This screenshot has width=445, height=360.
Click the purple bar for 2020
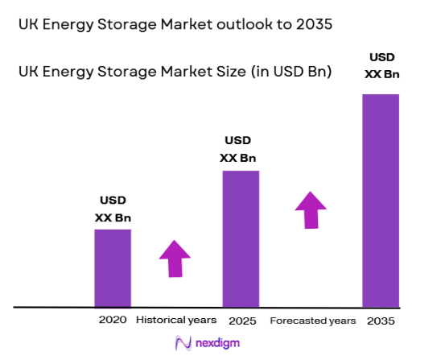tap(113, 268)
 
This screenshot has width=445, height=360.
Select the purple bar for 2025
tap(241, 238)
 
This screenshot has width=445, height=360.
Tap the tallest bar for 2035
tap(381, 201)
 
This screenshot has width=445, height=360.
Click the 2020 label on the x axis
tap(113, 321)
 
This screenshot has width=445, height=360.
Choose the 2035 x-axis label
tap(381, 321)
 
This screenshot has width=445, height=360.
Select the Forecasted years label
tap(312, 321)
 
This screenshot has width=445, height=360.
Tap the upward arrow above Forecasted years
tap(311, 209)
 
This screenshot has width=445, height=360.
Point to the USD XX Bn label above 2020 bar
tap(113, 209)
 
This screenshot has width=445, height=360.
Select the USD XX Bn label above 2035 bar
tap(381, 66)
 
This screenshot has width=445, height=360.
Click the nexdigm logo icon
tap(183, 343)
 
